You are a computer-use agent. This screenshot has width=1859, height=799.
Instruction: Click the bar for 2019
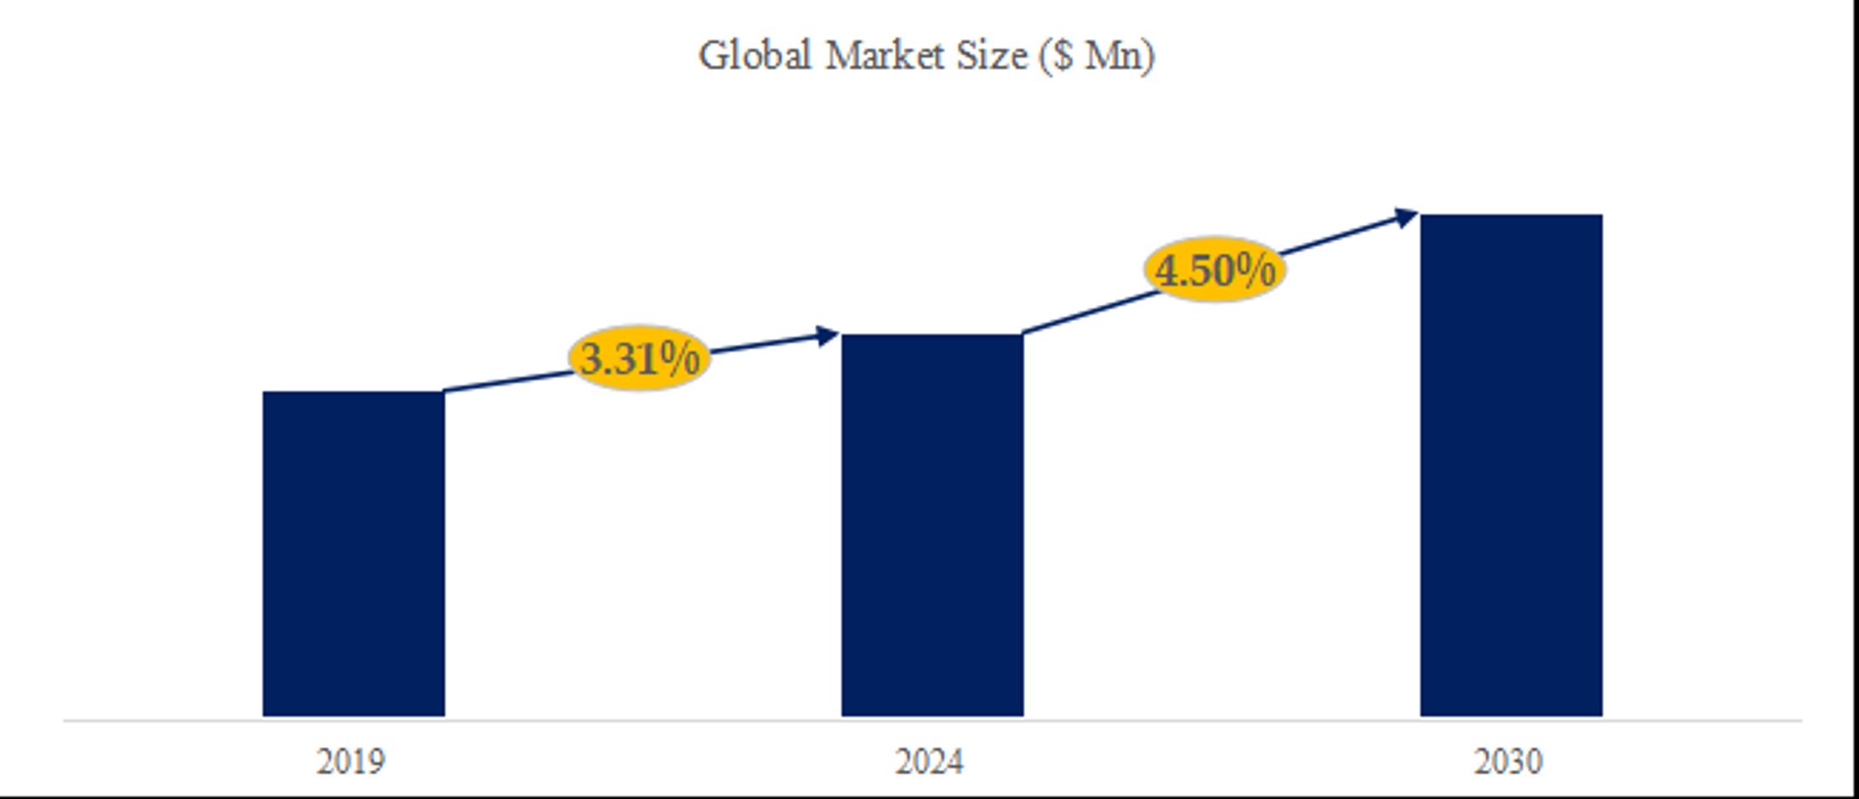coord(353,554)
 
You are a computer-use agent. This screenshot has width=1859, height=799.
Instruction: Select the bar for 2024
coord(932,525)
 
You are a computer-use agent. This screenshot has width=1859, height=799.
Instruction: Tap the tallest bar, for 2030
coord(1511,465)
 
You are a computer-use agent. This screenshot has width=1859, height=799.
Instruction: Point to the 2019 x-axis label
coord(351,762)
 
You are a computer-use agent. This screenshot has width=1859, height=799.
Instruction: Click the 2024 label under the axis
coord(929,762)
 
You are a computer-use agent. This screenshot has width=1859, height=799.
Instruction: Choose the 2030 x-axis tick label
coord(1507,762)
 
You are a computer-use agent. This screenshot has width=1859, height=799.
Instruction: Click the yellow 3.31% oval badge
coord(638,358)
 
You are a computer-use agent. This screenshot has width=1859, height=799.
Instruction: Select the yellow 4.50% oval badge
coord(1215,270)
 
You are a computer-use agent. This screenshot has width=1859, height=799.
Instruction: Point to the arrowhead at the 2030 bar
coord(1406,217)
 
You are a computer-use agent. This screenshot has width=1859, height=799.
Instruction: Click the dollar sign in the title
coord(1062,56)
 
